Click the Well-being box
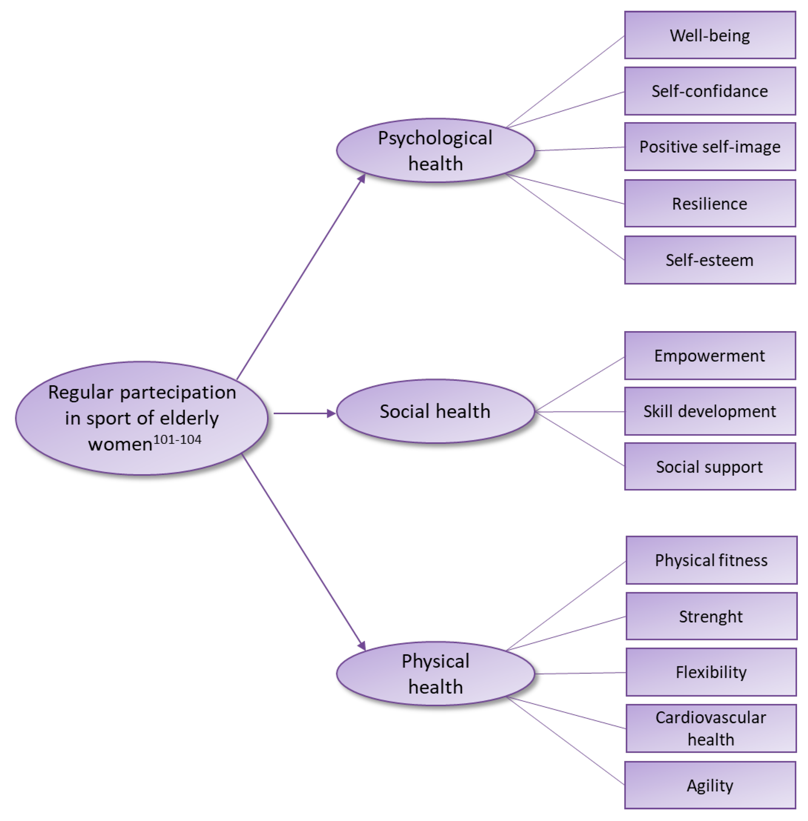click(x=710, y=35)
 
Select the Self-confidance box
click(x=710, y=91)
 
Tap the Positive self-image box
click(x=710, y=147)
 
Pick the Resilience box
click(x=710, y=204)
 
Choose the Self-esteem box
click(x=710, y=260)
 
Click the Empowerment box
click(x=710, y=356)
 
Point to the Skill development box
click(x=710, y=411)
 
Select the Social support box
click(x=710, y=467)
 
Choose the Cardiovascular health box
click(x=711, y=729)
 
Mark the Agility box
click(x=710, y=785)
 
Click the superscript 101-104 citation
click(x=177, y=440)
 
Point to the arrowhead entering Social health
click(x=331, y=413)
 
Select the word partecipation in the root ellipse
click(x=178, y=392)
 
